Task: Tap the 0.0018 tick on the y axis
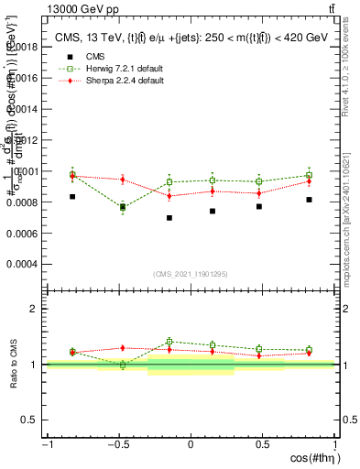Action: click(x=23, y=46)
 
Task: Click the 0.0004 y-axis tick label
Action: click(x=23, y=264)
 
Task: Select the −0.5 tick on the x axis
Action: click(x=117, y=445)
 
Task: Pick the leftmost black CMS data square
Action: click(x=72, y=196)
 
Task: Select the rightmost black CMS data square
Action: click(x=310, y=200)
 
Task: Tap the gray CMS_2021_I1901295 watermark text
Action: click(x=191, y=274)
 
